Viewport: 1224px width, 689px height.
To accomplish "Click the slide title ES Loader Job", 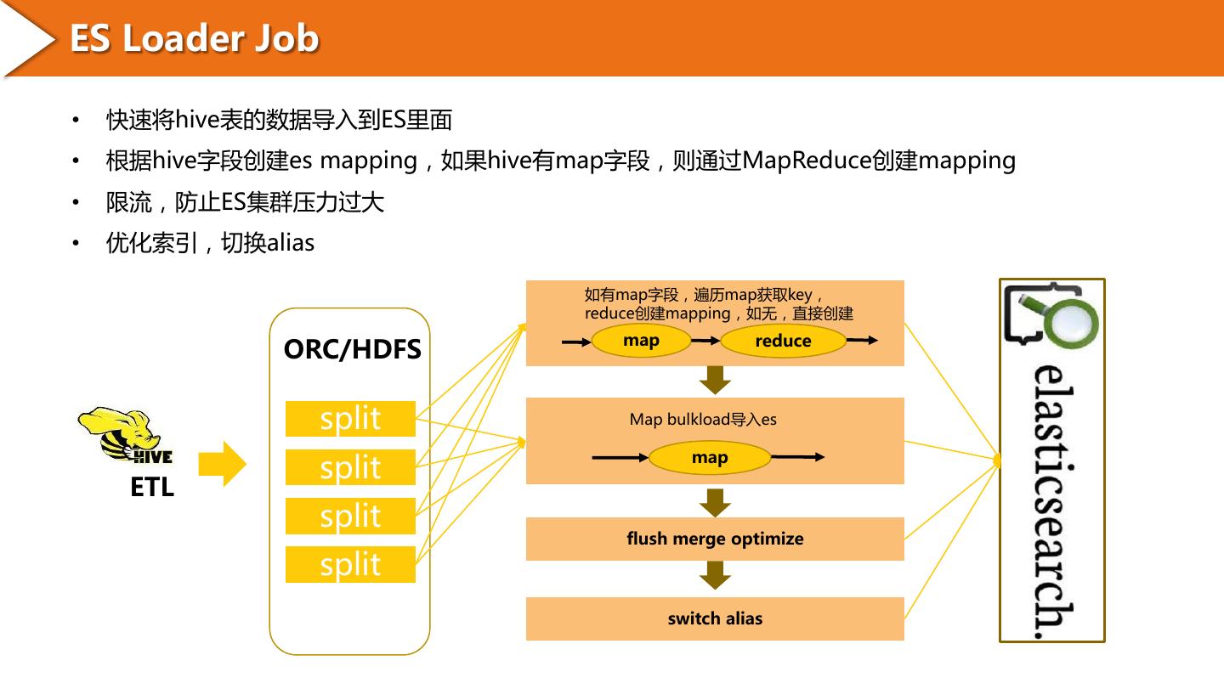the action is click(194, 38).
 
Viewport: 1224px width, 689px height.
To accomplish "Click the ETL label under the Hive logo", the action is click(152, 487).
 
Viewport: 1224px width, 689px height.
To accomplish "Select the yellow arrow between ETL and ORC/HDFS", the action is click(222, 464).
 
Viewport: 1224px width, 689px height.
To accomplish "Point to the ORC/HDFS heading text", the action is click(353, 349).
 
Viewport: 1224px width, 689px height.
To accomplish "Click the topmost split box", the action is click(350, 419).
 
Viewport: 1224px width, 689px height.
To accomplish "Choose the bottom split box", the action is click(350, 564).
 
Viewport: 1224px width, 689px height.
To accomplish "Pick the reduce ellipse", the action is click(783, 341).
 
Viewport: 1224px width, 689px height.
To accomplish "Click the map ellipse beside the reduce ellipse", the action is click(641, 340).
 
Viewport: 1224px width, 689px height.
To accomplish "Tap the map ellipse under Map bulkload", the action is click(709, 457).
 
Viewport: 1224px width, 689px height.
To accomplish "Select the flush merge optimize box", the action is click(715, 539).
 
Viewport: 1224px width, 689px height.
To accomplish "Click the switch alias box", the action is click(715, 618).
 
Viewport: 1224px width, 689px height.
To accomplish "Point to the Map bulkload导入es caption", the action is click(703, 420).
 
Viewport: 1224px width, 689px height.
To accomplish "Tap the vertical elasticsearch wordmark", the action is click(1053, 501).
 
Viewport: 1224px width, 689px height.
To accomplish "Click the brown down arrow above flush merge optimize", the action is click(715, 503).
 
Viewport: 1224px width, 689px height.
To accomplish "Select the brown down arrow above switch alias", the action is click(715, 575).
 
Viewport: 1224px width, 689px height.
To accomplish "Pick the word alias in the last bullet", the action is click(291, 242).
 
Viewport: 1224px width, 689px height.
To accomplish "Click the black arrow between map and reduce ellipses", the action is click(705, 342).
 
